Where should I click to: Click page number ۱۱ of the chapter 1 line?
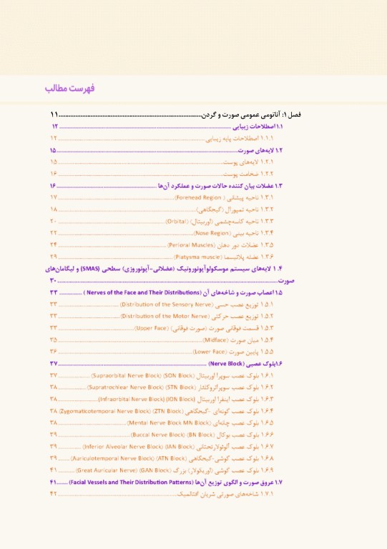(x=54, y=114)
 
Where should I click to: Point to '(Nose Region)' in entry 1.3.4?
(x=191, y=233)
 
